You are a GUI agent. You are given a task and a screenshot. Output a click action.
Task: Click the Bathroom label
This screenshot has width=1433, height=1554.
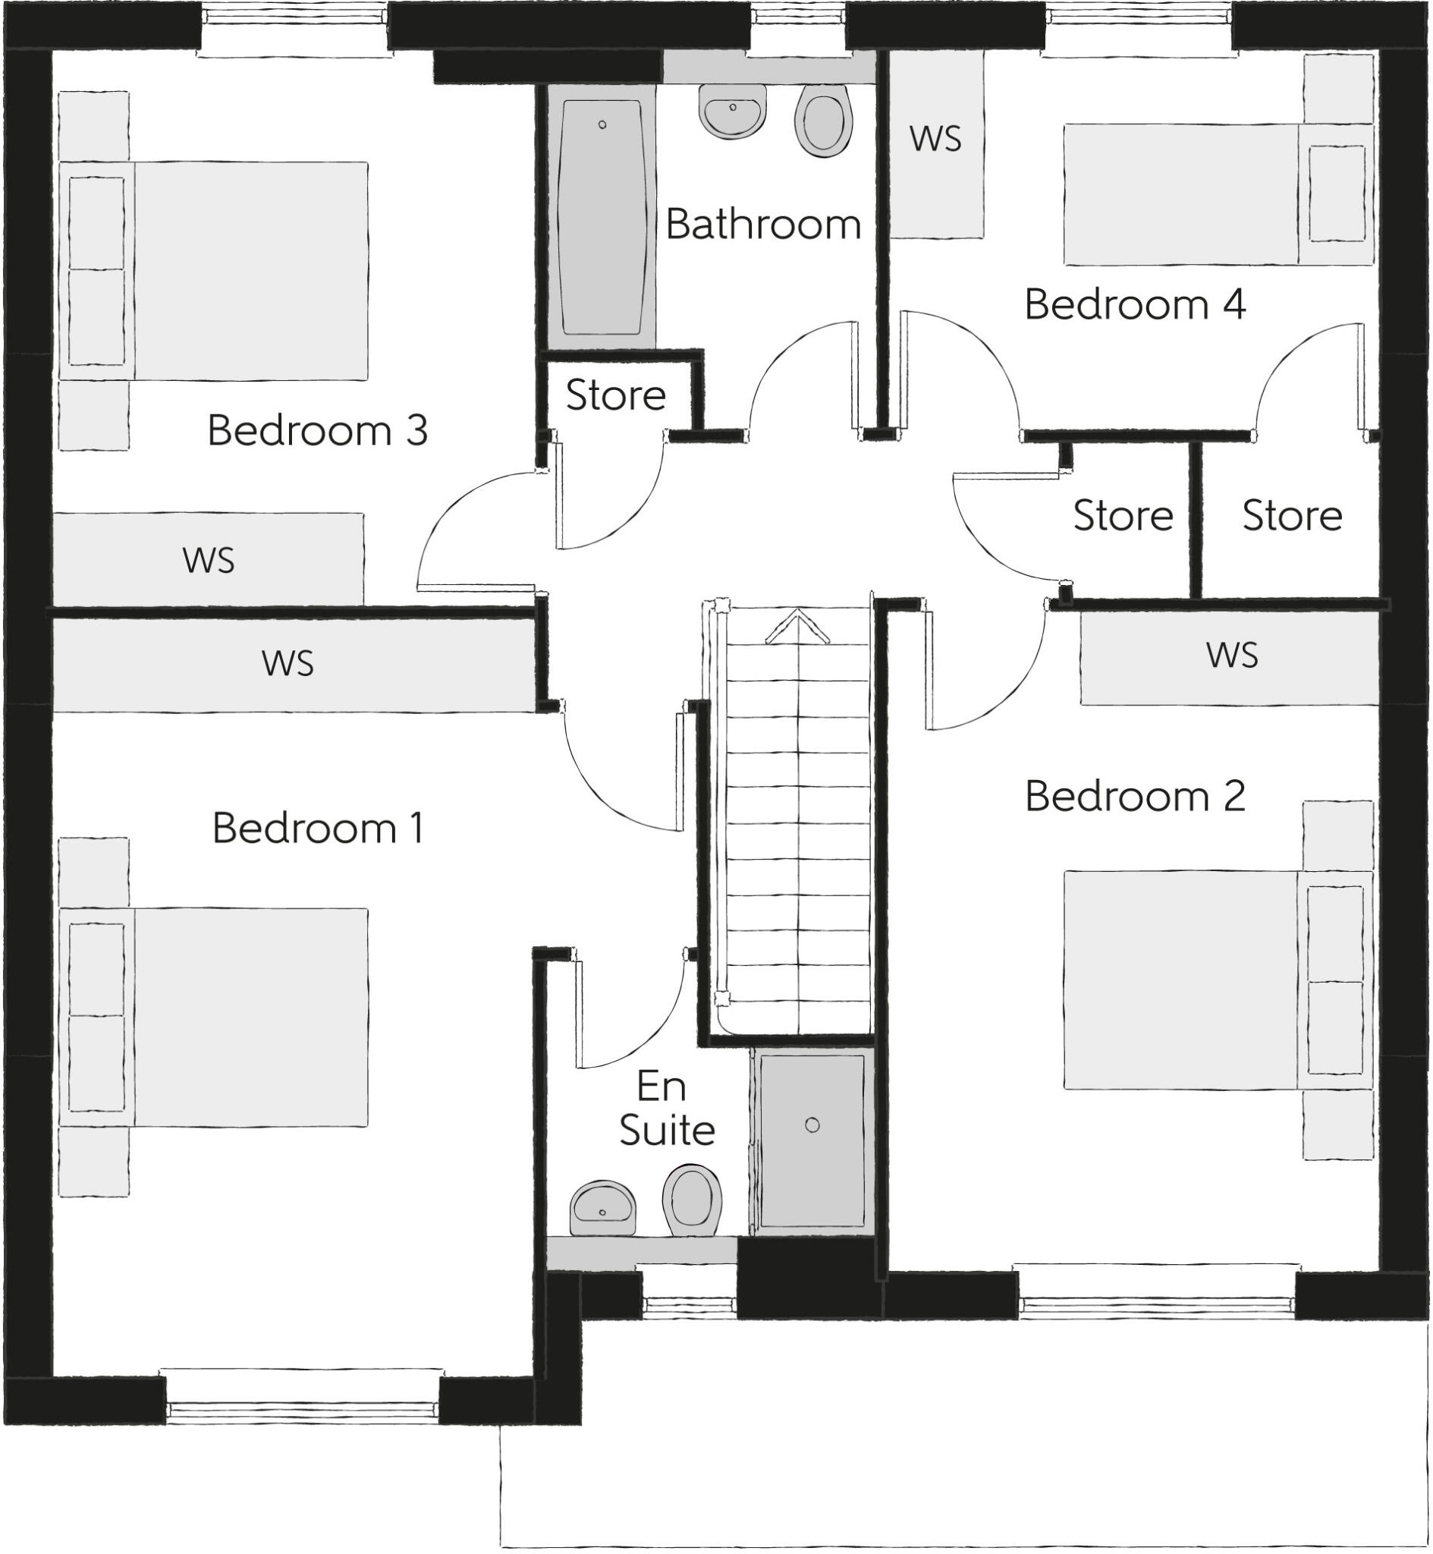(763, 225)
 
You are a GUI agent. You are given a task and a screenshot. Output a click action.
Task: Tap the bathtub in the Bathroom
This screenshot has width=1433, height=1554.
(602, 216)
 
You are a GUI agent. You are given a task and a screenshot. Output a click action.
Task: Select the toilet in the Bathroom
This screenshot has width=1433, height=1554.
(823, 121)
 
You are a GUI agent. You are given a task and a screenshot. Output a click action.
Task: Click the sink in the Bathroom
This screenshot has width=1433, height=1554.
(732, 111)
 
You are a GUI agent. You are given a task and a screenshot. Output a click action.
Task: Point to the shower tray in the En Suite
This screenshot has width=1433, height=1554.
(811, 1140)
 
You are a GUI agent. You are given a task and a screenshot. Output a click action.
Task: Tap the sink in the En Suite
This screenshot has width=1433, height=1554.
(602, 1209)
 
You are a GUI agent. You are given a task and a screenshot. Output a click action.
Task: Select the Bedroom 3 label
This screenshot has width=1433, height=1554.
(317, 430)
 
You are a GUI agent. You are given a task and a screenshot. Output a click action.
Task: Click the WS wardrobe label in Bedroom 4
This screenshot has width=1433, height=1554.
(935, 140)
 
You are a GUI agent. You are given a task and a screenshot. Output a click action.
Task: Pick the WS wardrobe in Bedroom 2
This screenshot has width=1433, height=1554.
(1230, 656)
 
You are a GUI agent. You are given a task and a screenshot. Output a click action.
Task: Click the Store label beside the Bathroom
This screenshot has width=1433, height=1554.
(616, 395)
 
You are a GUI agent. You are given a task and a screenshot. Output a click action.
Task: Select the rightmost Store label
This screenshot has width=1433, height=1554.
(1292, 516)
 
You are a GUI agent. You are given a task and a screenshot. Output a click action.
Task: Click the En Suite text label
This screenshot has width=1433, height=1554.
(665, 1109)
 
